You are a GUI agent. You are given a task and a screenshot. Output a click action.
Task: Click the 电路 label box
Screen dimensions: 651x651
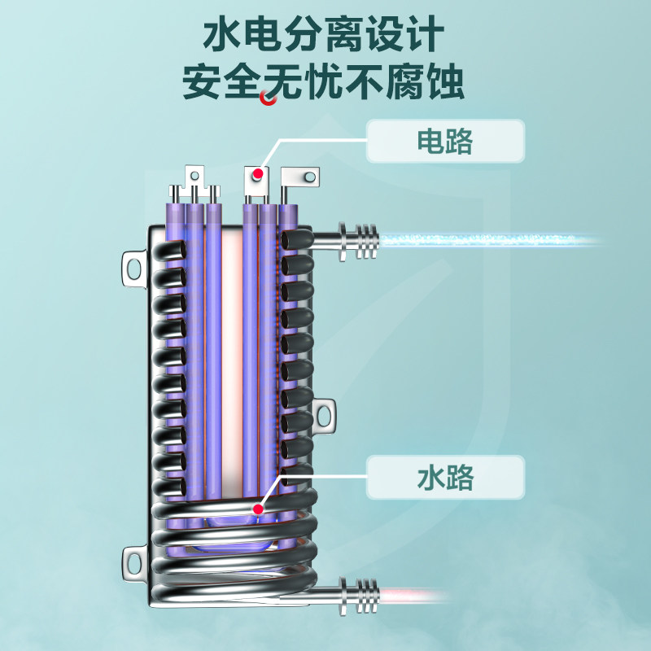[x=445, y=141]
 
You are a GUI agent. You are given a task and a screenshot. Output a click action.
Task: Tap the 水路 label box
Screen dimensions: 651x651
[x=445, y=477]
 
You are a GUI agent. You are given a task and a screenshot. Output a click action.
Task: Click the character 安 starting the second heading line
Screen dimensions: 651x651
[x=203, y=83]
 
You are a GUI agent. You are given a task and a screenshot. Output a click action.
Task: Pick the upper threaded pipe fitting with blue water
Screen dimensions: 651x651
[x=358, y=241]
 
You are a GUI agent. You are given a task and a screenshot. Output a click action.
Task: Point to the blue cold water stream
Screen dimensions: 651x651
[x=488, y=240]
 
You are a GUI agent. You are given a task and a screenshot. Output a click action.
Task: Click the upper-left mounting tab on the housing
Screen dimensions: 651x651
[x=133, y=265]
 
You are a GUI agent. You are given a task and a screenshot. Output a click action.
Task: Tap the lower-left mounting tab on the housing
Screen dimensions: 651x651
[x=133, y=561]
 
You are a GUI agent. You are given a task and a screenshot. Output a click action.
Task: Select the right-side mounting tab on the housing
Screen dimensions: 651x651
[x=326, y=415]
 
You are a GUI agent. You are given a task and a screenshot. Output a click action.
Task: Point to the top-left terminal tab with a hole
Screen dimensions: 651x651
[x=194, y=176]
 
